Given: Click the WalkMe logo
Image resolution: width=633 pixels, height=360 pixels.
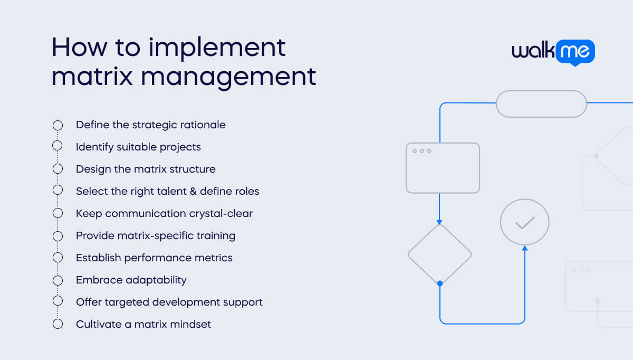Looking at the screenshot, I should click(553, 52).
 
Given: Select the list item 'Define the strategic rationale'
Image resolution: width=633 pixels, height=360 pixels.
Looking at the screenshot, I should click(150, 125).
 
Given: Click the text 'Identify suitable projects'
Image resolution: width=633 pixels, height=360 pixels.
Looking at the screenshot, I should click(138, 147).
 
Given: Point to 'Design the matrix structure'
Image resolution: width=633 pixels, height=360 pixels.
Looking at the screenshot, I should click(146, 169).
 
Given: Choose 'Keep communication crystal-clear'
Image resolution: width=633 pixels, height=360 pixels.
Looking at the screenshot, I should click(164, 213).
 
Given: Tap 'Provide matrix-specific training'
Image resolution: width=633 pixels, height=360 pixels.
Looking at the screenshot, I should click(156, 235).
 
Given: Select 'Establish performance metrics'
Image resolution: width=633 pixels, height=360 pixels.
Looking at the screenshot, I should click(154, 258).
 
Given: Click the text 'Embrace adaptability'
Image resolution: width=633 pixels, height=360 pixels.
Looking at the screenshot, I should click(131, 280).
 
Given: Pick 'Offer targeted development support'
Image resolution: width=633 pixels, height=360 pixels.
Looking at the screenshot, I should click(169, 302).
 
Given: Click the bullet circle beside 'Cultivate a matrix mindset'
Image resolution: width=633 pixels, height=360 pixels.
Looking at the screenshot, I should click(57, 324).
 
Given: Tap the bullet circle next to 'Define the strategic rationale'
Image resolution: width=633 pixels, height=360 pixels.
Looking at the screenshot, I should click(57, 125).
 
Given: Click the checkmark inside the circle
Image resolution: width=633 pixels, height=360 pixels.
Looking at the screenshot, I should click(525, 223).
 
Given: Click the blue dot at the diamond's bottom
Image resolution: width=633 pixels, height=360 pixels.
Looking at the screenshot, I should click(440, 283).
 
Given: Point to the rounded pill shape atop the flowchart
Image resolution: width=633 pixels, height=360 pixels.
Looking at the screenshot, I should click(541, 103).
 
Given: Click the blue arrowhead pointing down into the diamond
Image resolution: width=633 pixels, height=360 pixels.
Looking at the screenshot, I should click(439, 222).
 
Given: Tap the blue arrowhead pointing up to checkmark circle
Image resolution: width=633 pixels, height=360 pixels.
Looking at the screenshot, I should click(525, 248).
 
